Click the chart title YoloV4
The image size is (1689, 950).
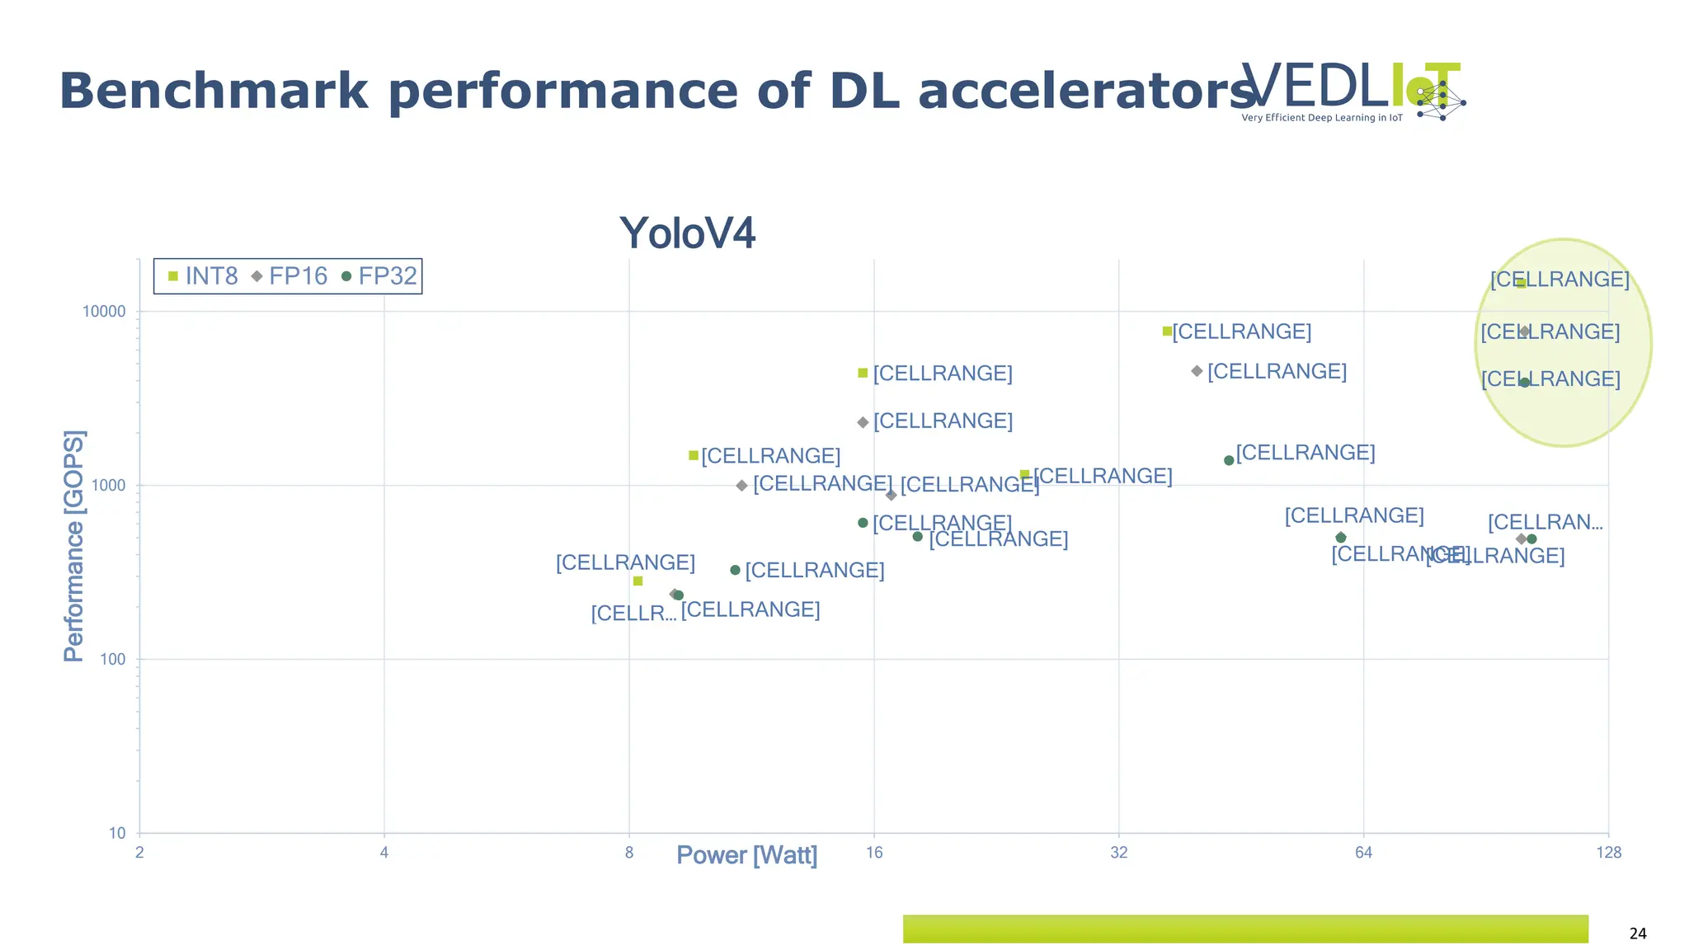[x=687, y=233]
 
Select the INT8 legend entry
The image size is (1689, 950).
[x=203, y=276]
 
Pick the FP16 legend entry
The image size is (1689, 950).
[x=289, y=276]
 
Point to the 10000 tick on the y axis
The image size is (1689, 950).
[x=104, y=312]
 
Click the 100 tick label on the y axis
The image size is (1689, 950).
[x=112, y=660]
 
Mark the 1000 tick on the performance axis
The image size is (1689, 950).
[x=108, y=486]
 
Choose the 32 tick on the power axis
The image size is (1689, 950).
[x=1118, y=853]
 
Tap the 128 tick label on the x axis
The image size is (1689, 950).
[x=1608, y=853]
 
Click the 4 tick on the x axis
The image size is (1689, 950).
[x=384, y=853]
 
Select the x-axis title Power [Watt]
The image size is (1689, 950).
[x=746, y=855]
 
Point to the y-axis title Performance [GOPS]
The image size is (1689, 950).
[x=74, y=545]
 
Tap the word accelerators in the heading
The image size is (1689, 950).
[x=1087, y=91]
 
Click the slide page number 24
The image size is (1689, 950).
[x=1638, y=934]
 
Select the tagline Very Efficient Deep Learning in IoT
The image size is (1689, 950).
[x=1322, y=118]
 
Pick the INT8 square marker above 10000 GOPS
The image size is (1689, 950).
[x=1521, y=283]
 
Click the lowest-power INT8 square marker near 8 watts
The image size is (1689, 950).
[x=637, y=581]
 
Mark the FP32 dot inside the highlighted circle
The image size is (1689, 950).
[x=1525, y=383]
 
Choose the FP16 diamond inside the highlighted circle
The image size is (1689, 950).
[x=1525, y=332]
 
